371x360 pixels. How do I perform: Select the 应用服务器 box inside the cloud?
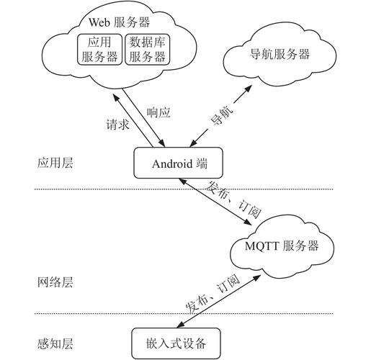(100, 50)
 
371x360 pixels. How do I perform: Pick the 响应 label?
(158, 112)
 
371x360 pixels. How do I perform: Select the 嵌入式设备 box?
(175, 341)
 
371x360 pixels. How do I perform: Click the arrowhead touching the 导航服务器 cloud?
(250, 86)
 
